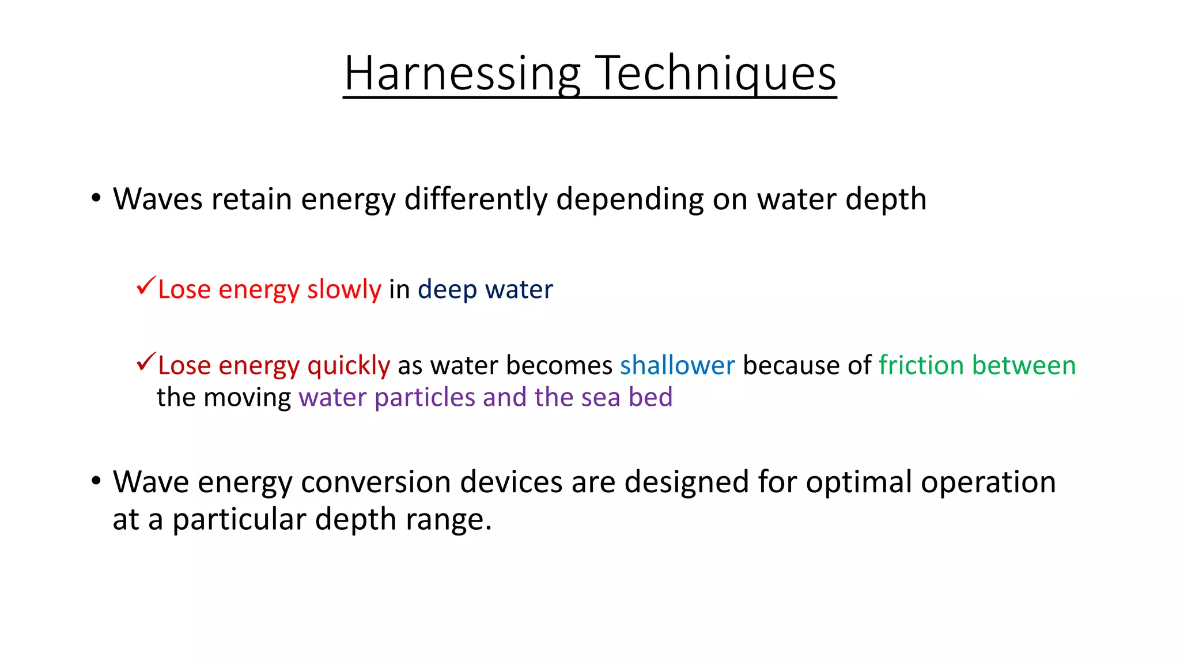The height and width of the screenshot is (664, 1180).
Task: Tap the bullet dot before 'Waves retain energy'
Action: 96,198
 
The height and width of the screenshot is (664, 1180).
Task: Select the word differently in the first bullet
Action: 475,199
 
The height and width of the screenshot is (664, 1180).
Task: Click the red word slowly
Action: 344,289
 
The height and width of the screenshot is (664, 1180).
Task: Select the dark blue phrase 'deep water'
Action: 485,289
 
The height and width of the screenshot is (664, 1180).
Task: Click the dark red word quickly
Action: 349,366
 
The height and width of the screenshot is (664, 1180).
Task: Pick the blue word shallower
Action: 677,365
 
